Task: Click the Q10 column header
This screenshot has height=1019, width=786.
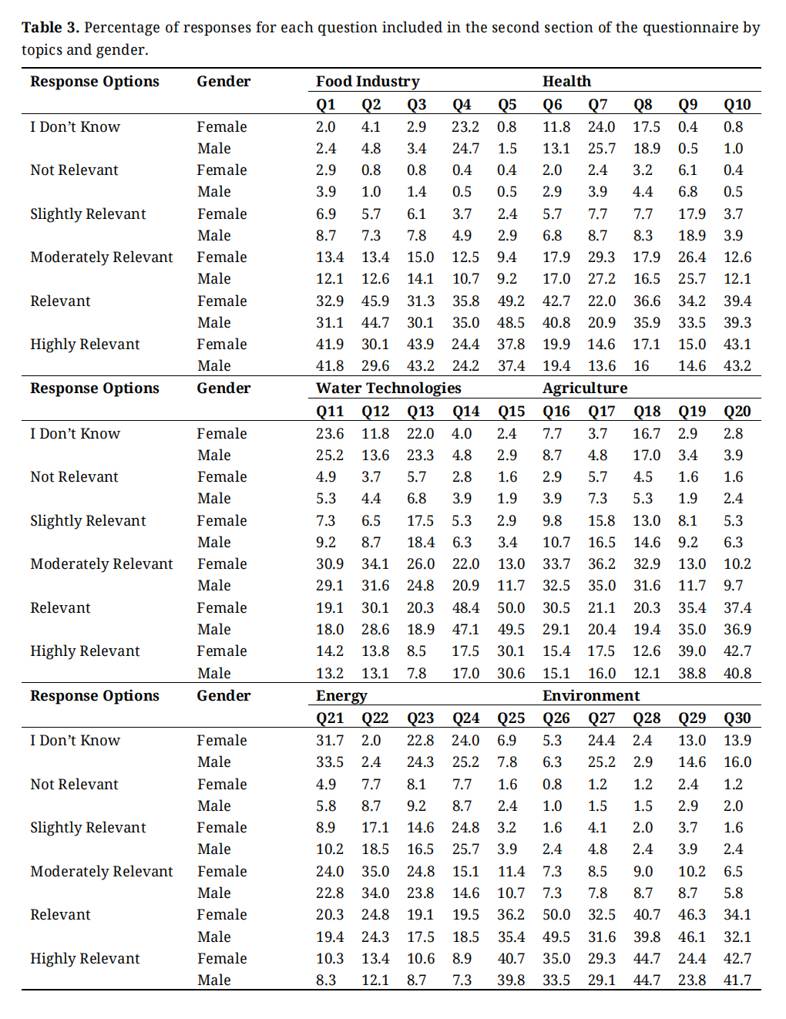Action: tap(737, 105)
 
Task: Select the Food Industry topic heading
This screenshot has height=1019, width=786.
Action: tap(368, 82)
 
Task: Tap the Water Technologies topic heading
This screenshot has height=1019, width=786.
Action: tap(388, 388)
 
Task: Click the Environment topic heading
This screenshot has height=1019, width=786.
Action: tap(591, 696)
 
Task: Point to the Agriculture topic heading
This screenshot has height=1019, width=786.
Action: tap(585, 388)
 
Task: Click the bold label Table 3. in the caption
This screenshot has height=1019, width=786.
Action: tap(50, 28)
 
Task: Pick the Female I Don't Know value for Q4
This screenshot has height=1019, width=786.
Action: tap(465, 127)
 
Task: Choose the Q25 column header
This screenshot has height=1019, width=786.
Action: tap(511, 718)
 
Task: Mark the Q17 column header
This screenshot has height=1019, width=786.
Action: tap(601, 412)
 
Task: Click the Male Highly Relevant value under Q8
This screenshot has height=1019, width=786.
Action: tap(641, 366)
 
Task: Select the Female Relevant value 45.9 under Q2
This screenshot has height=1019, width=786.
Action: tap(375, 301)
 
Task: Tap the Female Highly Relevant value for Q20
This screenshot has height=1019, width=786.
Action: tap(737, 651)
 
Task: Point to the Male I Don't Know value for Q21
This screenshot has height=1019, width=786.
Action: tap(330, 762)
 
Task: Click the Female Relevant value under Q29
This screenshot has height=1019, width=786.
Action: tap(691, 915)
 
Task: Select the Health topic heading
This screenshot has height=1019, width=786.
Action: tap(566, 82)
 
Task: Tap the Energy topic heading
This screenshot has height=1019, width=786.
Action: tap(341, 696)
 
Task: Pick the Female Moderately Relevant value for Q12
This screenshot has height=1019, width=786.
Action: tap(375, 564)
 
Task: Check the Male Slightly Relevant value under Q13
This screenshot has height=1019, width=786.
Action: tap(420, 543)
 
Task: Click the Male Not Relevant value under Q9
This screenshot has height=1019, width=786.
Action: tap(687, 192)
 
